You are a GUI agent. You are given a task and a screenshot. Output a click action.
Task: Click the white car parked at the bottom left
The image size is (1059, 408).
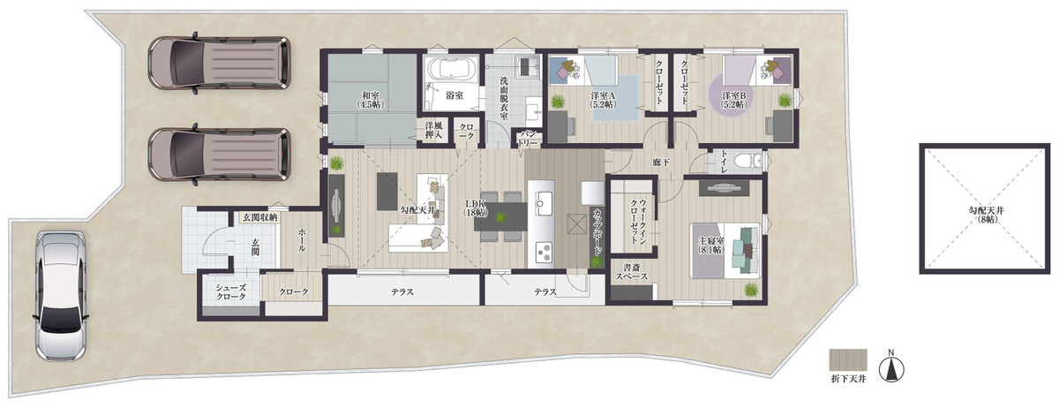[60, 297]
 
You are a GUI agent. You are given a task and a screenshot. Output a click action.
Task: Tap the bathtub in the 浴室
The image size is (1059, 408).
[453, 69]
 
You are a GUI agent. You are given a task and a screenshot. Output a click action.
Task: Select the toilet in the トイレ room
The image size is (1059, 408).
[748, 161]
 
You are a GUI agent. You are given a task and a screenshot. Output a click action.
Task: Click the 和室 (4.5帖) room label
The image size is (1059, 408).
[371, 100]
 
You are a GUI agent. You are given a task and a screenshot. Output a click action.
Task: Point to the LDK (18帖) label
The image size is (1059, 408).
[474, 208]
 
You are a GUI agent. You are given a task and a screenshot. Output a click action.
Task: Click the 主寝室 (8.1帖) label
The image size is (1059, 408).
[711, 246]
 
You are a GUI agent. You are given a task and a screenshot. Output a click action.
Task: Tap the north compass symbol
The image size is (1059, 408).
[891, 367]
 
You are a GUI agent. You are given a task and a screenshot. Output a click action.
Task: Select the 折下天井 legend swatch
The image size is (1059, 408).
[848, 359]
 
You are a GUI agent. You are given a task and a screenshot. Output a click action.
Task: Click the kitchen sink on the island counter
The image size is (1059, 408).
[542, 203]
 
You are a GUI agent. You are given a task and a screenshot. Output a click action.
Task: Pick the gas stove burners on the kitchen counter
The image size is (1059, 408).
[544, 252]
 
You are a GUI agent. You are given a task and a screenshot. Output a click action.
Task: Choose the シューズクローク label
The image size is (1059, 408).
[231, 292]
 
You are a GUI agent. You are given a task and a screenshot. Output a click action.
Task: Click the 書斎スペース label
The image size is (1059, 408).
[632, 272]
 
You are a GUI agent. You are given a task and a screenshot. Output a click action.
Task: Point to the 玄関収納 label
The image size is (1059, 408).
[260, 218]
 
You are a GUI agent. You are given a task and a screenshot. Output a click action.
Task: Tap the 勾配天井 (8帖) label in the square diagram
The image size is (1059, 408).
[986, 215]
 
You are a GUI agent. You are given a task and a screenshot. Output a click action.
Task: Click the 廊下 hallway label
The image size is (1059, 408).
[660, 162]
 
